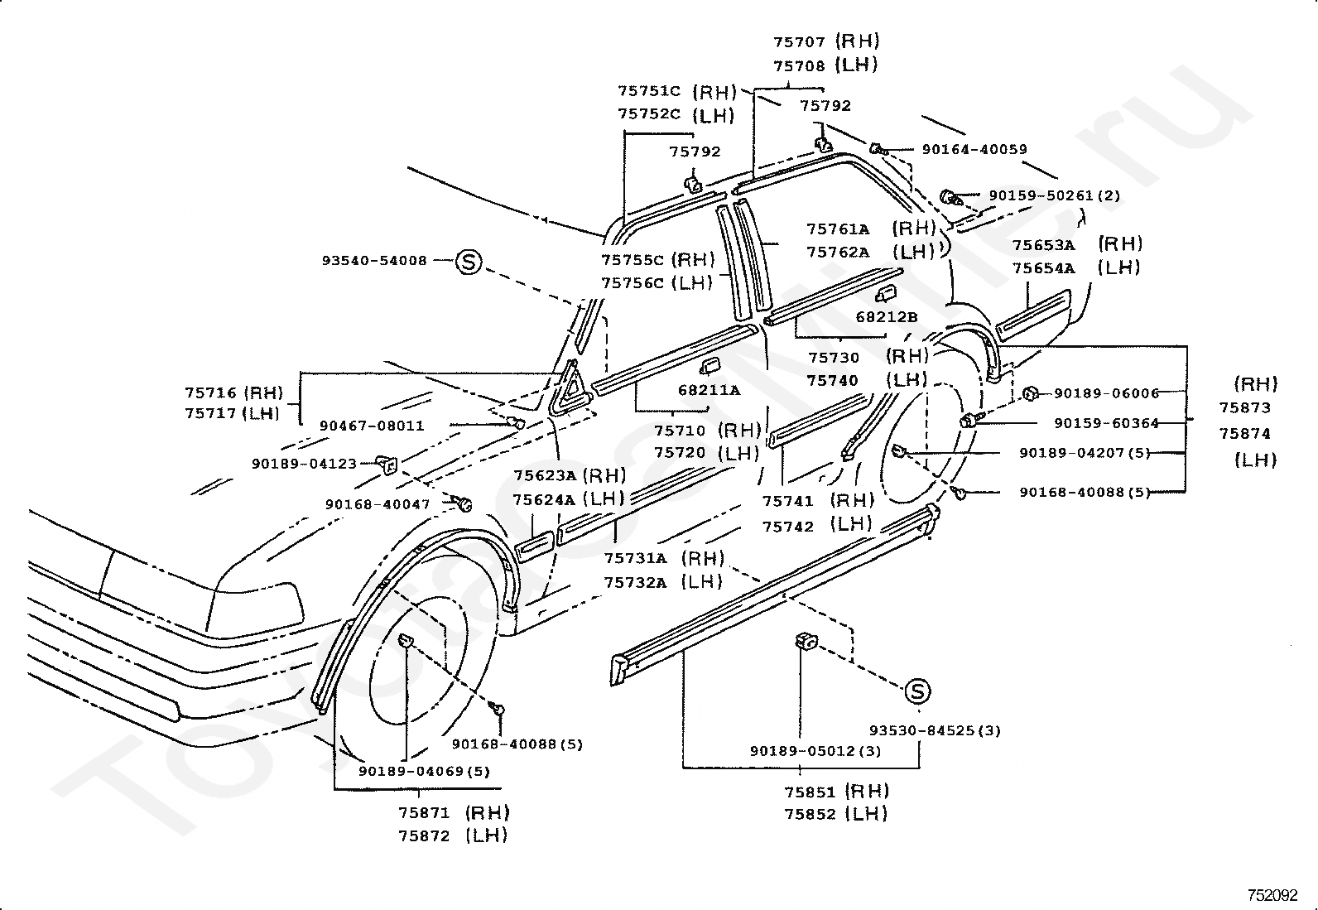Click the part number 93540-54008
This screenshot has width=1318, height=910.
(x=374, y=260)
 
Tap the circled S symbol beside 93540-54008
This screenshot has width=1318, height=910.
(x=469, y=262)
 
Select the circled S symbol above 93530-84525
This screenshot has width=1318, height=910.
(x=917, y=691)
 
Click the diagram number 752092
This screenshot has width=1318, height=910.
(x=1272, y=895)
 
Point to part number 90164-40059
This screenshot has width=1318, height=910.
(x=974, y=150)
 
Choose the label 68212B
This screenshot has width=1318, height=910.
(x=886, y=316)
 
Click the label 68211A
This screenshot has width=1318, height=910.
(x=709, y=390)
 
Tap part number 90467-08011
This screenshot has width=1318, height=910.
(x=372, y=425)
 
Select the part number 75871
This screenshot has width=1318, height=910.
(x=424, y=813)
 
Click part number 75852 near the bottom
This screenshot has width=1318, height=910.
(x=810, y=815)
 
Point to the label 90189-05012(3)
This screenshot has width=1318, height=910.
(x=815, y=752)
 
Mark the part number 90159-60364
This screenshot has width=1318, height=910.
(x=1106, y=423)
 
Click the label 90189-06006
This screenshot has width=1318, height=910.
(x=1106, y=393)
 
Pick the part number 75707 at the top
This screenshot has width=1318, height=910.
(x=799, y=41)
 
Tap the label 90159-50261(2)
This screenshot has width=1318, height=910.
(x=1055, y=195)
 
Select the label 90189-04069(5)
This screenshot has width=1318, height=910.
(x=424, y=771)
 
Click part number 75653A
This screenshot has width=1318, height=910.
(x=1043, y=245)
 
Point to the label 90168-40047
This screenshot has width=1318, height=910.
(x=378, y=504)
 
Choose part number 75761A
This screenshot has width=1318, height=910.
(x=837, y=229)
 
